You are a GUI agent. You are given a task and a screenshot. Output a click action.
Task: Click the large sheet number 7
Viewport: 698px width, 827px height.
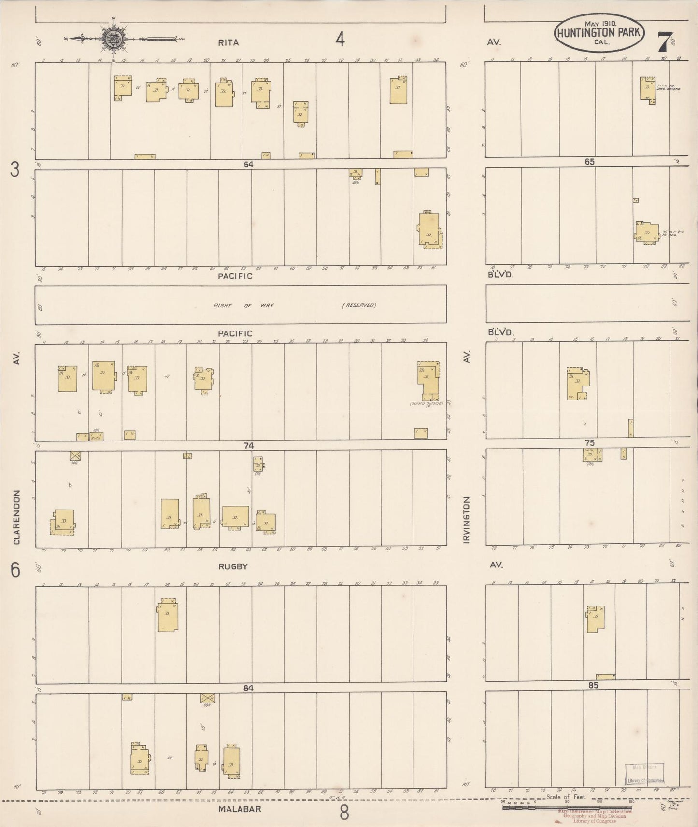pos(665,41)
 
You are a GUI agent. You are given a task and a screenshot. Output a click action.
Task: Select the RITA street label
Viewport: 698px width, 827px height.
pos(228,42)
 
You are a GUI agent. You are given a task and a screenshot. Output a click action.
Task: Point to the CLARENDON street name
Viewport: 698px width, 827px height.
pos(16,517)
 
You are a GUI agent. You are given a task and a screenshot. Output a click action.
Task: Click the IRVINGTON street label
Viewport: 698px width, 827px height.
pos(466,520)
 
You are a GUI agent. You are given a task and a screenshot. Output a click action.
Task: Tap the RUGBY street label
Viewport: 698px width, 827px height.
pos(233,566)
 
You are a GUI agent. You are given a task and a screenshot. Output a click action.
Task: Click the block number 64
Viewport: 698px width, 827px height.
pos(248,165)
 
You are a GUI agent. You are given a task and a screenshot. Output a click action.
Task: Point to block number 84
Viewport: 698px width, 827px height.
pos(248,688)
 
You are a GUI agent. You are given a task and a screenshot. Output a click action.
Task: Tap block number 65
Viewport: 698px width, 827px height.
pos(589,162)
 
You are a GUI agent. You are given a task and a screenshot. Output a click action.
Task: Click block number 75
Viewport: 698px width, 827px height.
pos(589,443)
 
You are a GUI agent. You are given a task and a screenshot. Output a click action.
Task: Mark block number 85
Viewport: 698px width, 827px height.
pos(593,685)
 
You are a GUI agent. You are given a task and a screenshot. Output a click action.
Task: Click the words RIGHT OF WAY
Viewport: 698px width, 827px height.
pos(243,305)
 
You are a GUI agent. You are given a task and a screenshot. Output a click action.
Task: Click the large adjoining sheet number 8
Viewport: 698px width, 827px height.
pos(343,813)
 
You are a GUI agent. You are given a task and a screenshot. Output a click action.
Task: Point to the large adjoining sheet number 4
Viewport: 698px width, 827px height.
pos(340,40)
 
